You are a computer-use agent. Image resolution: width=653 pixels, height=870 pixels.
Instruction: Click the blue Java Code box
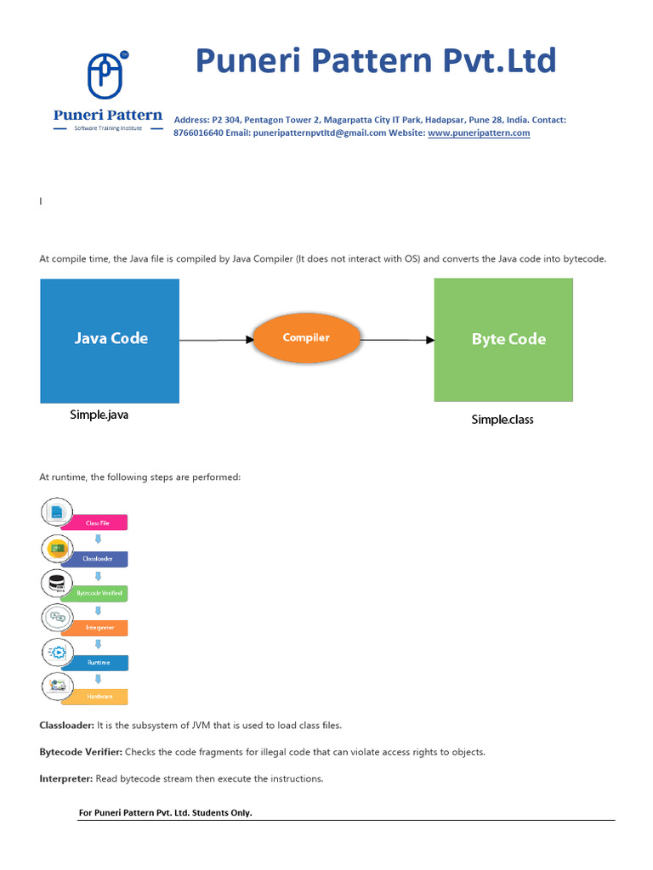click(110, 341)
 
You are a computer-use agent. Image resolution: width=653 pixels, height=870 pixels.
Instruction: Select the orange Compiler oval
click(306, 338)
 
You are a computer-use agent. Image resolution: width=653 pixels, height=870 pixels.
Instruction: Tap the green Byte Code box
click(503, 340)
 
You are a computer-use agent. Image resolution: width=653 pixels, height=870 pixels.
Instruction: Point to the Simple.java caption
click(99, 415)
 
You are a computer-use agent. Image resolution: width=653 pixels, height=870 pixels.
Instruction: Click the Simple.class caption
click(503, 420)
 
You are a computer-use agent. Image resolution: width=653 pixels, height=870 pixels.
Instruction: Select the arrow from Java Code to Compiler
click(216, 340)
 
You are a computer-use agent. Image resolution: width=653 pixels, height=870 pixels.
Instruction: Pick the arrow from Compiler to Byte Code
click(397, 340)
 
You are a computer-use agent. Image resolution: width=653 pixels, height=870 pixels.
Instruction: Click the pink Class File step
click(99, 523)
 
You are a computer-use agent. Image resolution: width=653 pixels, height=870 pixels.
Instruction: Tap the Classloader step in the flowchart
click(99, 559)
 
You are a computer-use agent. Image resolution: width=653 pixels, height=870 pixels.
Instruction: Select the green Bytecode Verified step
click(99, 594)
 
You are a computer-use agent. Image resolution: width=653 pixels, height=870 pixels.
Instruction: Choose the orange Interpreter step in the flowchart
click(99, 628)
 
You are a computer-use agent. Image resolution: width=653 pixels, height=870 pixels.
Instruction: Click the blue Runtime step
click(99, 663)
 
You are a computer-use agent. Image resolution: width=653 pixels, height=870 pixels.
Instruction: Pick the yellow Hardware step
click(99, 697)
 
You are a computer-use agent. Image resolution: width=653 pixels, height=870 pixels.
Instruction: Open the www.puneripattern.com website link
click(479, 133)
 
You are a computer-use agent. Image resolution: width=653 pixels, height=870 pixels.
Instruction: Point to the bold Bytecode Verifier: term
click(81, 752)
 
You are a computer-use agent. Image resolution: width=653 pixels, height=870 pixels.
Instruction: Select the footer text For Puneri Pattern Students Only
click(165, 813)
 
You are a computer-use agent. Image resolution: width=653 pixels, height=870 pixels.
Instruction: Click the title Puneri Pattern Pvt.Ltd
click(376, 61)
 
